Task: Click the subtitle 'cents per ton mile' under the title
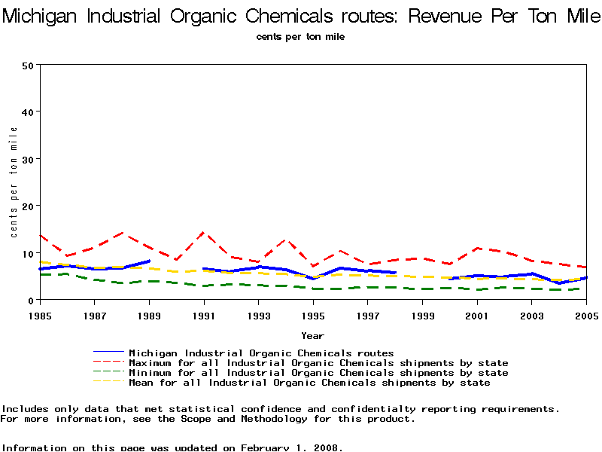[300, 36]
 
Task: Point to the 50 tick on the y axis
[29, 65]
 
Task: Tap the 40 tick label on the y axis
[29, 111]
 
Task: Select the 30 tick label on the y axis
[29, 159]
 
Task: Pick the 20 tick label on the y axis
[29, 206]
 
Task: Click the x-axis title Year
[312, 335]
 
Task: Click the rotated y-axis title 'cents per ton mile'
[14, 182]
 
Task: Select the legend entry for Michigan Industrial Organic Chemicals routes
[261, 353]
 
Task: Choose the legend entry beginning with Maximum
[318, 363]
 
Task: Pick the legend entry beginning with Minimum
[318, 373]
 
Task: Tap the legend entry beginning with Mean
[309, 383]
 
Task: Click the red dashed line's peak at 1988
[122, 233]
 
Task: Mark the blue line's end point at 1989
[149, 261]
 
